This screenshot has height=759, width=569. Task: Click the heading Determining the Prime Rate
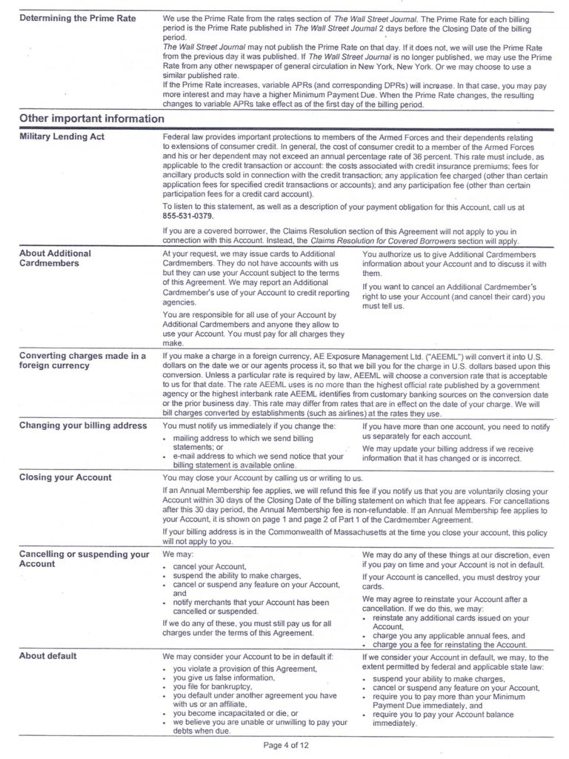click(78, 18)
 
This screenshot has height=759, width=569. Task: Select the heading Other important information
click(91, 119)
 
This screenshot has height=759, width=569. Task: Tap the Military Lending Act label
click(61, 138)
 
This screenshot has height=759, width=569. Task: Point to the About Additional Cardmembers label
click(55, 258)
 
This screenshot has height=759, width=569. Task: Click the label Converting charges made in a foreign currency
click(82, 360)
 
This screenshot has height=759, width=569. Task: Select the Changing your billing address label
click(82, 425)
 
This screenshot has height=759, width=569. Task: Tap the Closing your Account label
click(65, 477)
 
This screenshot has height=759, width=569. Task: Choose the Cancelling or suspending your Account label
click(84, 559)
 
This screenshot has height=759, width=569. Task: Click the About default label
click(47, 656)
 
